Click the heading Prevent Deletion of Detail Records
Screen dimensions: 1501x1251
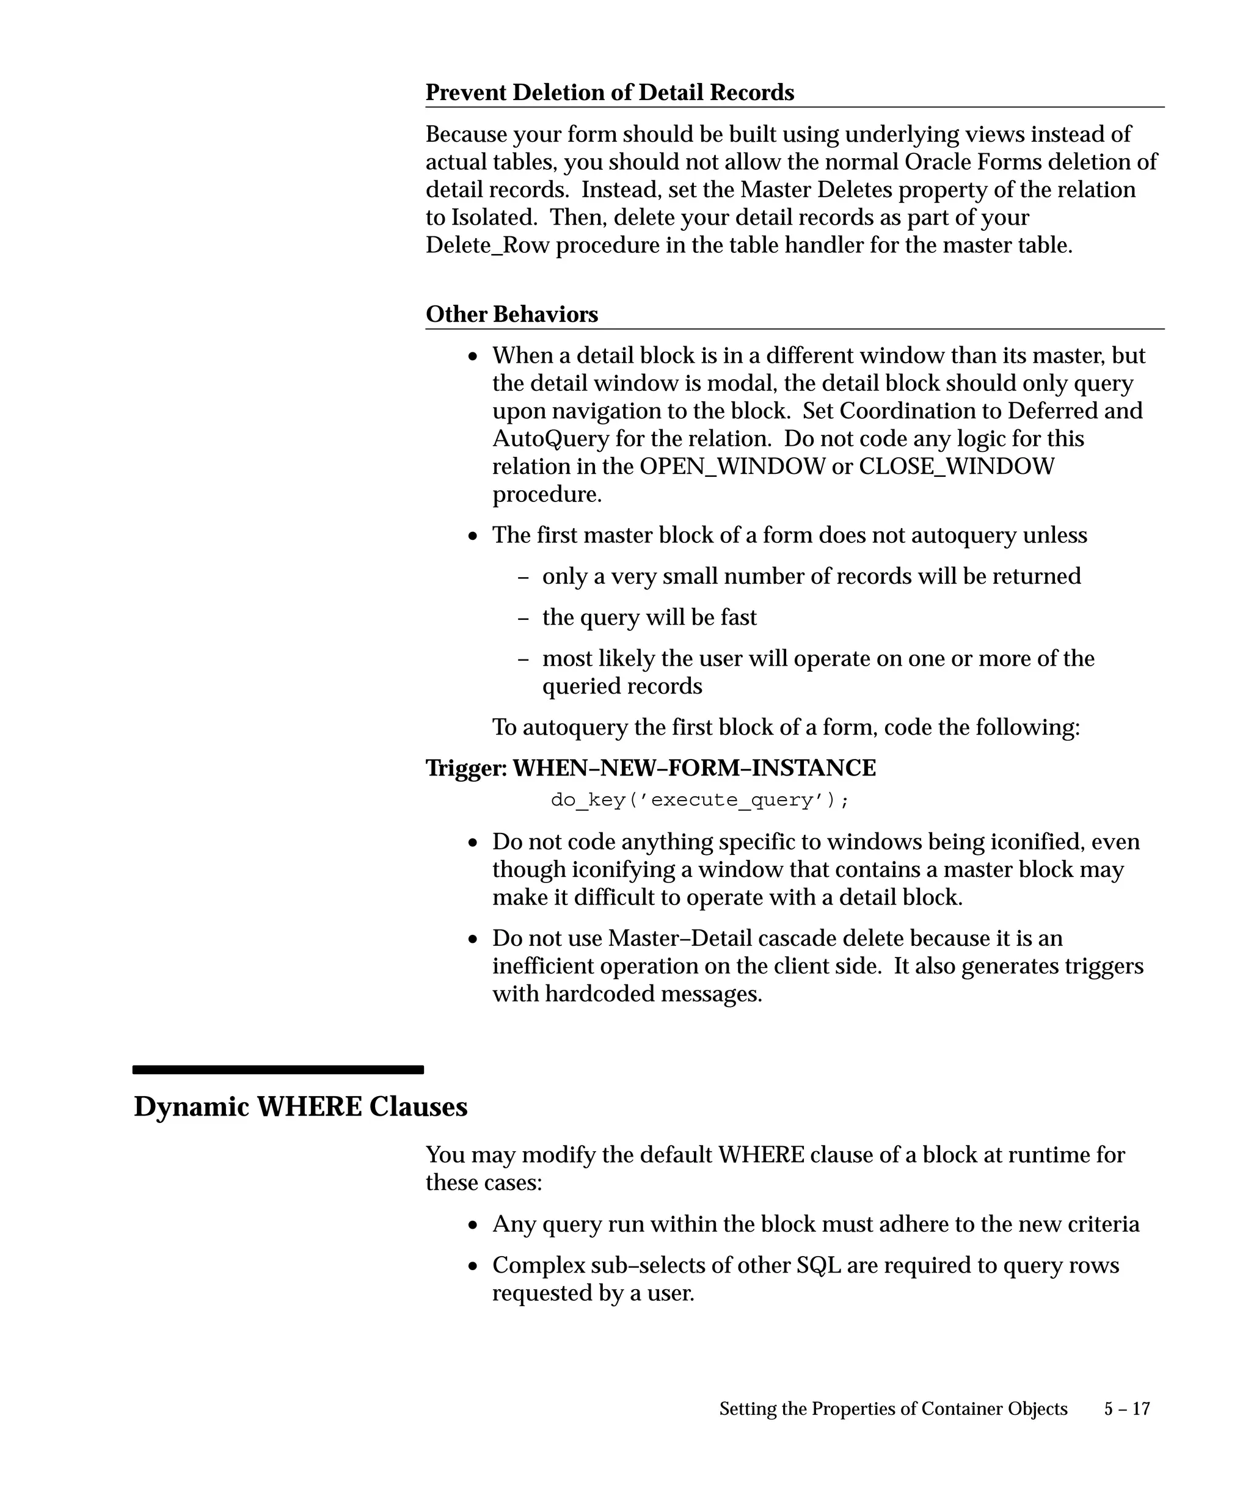pos(609,92)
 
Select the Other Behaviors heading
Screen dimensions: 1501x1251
pos(511,314)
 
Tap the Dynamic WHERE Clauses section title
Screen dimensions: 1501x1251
pos(301,1107)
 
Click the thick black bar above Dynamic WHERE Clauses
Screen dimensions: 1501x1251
pos(278,1069)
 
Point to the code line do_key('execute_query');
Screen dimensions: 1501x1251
pos(700,800)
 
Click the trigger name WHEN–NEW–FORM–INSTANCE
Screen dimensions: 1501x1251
pos(694,768)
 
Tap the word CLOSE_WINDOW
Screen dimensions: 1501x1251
pos(956,466)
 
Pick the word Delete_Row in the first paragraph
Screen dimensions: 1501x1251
pos(487,245)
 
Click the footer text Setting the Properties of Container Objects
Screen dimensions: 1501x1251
pos(893,1409)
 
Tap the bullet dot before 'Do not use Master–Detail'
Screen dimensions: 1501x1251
pos(473,939)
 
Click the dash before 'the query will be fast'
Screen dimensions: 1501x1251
pos(523,617)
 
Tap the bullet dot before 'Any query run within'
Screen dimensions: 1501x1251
pos(473,1225)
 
